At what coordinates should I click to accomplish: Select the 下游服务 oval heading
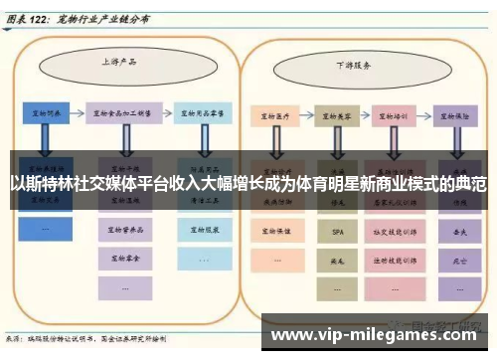[x=353, y=66]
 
